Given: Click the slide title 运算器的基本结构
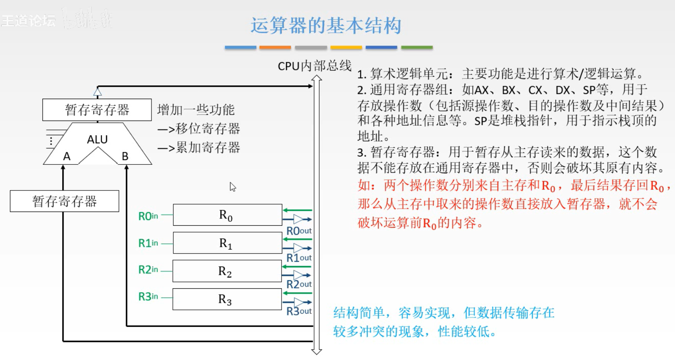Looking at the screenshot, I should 326,26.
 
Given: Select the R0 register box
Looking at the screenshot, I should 227,215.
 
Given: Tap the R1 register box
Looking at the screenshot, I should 227,243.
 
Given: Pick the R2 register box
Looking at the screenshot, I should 227,271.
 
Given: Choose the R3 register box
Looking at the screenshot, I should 227,299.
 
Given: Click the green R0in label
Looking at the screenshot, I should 148,216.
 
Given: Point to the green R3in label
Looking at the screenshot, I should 148,296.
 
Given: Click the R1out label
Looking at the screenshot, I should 299,258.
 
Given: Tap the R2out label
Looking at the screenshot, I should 299,284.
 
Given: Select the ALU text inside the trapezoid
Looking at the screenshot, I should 97,139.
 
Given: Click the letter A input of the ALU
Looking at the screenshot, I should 67,156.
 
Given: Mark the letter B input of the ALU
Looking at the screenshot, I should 125,156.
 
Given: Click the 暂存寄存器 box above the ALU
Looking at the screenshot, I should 97,110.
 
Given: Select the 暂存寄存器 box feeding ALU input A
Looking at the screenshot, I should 64,201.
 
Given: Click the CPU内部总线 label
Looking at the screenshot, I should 315,66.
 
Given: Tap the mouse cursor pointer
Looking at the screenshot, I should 232,186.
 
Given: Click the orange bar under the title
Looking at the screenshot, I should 275,47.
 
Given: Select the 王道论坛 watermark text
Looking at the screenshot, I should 28,20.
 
